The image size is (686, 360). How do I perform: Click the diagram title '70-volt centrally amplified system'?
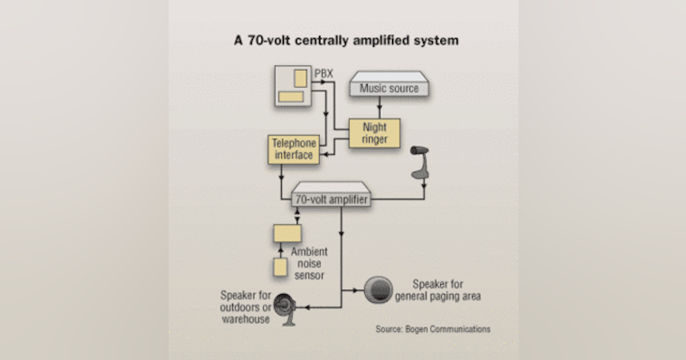346,41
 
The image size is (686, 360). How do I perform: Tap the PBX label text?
324,74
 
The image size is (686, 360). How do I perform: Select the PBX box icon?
293,86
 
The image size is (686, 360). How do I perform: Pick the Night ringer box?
374,133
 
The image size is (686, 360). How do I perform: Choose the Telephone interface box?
292,149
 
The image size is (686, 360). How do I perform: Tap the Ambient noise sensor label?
309,263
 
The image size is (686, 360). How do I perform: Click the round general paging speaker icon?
378,290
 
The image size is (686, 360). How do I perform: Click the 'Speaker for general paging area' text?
438,290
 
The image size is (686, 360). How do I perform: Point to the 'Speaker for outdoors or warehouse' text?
245,307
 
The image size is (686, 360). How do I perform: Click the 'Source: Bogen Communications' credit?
433,329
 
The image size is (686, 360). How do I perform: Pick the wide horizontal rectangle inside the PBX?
290,97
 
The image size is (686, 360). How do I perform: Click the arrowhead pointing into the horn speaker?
306,307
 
